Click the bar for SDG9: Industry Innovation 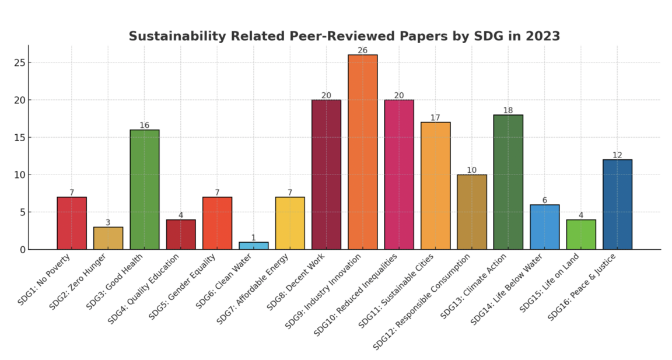tap(362, 152)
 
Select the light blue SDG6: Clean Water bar tap(254, 246)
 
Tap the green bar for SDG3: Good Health tap(144, 190)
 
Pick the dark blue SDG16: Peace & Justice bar tap(617, 204)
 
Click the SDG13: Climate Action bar tap(508, 182)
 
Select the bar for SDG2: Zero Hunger tap(108, 238)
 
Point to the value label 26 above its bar tap(362, 50)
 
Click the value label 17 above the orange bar tap(435, 118)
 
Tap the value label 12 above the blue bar tap(617, 155)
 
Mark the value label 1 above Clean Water tap(254, 237)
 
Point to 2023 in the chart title tap(542, 36)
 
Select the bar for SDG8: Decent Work tap(326, 174)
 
